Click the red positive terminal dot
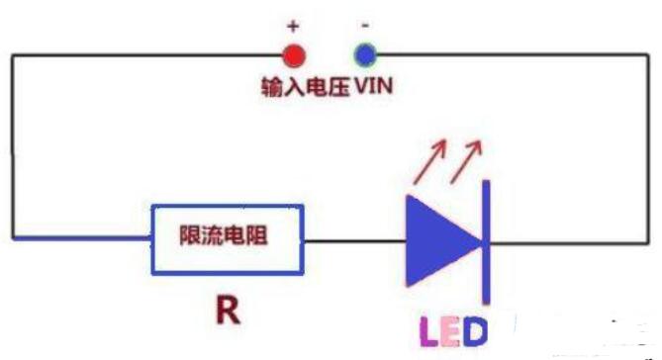[292, 54]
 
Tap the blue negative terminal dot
[366, 54]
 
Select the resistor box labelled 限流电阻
[227, 238]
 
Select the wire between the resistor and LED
[354, 238]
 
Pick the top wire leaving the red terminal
[148, 54]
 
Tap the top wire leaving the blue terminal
[515, 54]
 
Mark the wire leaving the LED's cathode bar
[569, 238]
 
